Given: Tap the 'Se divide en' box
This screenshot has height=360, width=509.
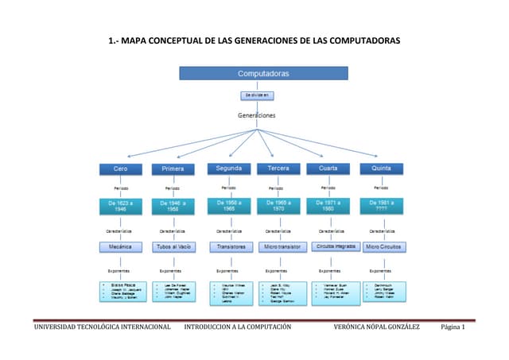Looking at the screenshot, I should coord(257,95).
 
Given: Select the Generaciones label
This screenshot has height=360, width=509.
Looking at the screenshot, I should coord(256,115).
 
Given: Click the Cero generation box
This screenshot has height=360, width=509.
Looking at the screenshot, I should coord(120,168).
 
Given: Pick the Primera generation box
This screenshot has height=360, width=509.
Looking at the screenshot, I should coord(173,168).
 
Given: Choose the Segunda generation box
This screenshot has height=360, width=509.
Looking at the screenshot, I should coord(229,168).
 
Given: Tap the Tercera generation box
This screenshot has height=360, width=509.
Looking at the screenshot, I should coord(278,168).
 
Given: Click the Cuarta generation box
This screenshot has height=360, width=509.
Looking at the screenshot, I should coord(328,168).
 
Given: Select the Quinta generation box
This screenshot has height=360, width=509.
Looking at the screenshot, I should coord(375,168).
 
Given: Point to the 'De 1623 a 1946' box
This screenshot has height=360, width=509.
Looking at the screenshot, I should coord(120,207).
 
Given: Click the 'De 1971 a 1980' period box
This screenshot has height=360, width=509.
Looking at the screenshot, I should coord(328,207).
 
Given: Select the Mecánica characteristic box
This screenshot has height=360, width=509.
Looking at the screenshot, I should coord(120,246).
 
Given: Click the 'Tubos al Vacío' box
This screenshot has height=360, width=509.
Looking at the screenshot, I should coord(173,246).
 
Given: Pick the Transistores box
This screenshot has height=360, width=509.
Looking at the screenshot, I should coord(229,246).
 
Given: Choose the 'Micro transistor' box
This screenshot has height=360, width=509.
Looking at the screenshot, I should coord(281,246).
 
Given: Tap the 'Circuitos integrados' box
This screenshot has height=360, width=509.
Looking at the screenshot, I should coord(333,246).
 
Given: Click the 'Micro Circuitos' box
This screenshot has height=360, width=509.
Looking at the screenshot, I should coord(383,246).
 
